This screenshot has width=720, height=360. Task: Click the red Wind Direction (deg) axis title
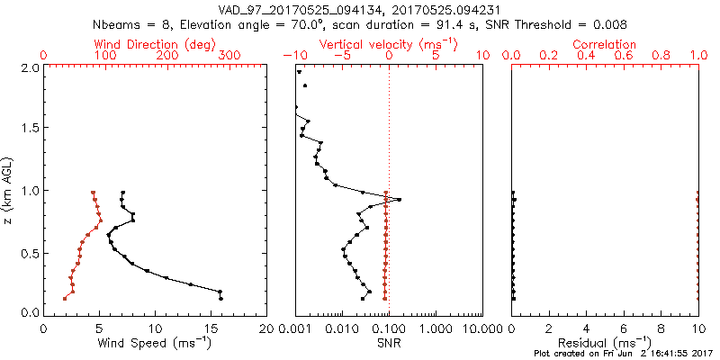[x=157, y=44]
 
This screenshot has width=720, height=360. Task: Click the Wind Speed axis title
[x=155, y=343]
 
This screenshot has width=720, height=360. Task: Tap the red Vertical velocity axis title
[x=388, y=44]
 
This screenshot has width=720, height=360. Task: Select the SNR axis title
[x=388, y=343]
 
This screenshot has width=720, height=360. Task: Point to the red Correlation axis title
[x=604, y=44]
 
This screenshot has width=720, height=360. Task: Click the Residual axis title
[x=604, y=343]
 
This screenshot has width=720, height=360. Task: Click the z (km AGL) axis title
[x=11, y=189]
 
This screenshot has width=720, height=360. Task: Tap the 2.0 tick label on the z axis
[x=29, y=67]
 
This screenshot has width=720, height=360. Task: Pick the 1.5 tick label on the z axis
[x=29, y=129]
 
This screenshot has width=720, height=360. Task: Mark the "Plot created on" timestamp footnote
[x=621, y=354]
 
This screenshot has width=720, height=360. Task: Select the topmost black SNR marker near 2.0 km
[x=300, y=71]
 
